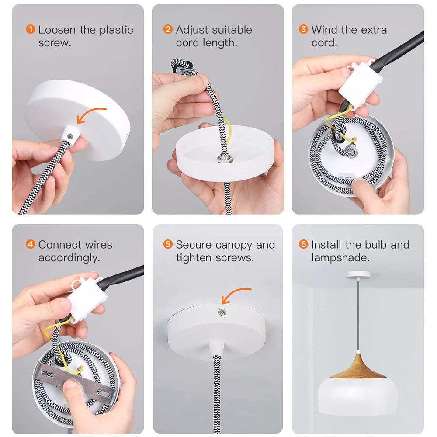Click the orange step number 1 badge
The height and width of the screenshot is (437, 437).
(31, 29)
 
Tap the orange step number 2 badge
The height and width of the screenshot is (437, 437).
(168, 29)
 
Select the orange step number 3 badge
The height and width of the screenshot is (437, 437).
(304, 29)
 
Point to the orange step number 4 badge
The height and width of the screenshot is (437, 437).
(31, 244)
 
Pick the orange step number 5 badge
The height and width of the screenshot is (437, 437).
(168, 244)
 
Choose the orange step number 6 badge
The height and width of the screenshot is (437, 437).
(304, 244)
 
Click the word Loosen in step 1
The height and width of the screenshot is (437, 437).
(57, 30)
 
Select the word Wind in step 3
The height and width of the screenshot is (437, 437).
(324, 30)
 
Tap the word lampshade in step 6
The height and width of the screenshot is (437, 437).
(340, 258)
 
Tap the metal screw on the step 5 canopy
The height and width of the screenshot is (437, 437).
(222, 312)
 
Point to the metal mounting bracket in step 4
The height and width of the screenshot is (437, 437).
(75, 382)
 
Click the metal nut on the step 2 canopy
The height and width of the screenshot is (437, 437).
(225, 160)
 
